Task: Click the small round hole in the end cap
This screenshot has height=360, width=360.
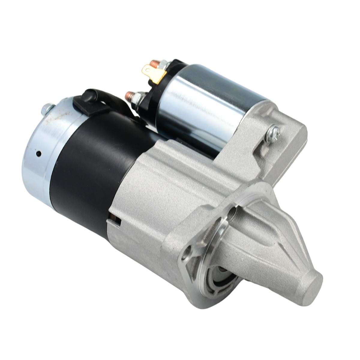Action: [38, 154]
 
